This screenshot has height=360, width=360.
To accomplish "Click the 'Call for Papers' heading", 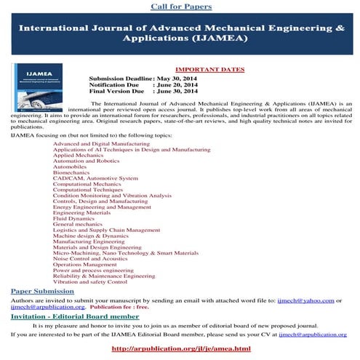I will [x=181, y=7].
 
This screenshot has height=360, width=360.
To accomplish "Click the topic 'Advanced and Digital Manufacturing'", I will [x=96, y=145].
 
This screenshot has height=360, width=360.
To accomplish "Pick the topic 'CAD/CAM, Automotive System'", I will [x=95, y=178].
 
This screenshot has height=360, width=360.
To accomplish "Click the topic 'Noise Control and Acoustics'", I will [x=89, y=258].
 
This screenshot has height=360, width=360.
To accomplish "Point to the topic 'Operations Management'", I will [x=86, y=264].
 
